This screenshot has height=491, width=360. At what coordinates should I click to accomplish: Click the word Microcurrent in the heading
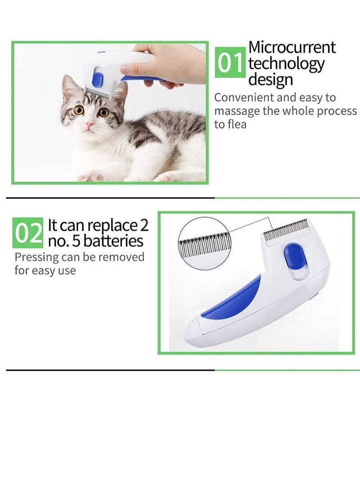(x=292, y=47)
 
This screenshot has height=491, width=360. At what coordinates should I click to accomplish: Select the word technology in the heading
(x=286, y=64)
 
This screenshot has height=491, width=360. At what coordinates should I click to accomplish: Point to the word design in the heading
(x=270, y=80)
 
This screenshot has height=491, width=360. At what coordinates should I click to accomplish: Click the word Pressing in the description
(x=36, y=257)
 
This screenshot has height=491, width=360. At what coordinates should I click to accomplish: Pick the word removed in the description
(x=124, y=257)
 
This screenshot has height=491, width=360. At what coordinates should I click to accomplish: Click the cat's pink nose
(x=90, y=123)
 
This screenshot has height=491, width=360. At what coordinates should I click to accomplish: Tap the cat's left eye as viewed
(x=80, y=109)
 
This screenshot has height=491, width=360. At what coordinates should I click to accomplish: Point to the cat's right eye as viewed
(x=103, y=112)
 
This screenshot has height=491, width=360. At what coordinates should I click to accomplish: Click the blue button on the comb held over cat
(x=95, y=81)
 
